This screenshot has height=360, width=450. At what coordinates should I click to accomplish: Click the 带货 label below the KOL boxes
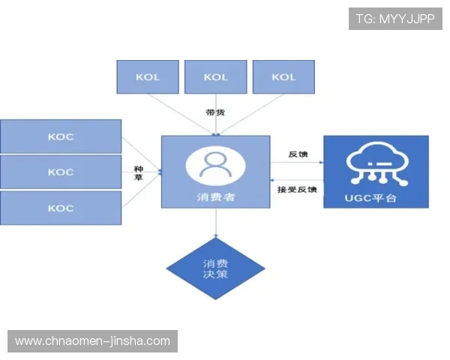(215, 112)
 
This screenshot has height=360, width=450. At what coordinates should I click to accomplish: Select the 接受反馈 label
(297, 189)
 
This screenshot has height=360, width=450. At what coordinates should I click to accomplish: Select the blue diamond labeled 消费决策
(215, 268)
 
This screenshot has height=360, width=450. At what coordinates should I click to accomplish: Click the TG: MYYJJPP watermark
(395, 19)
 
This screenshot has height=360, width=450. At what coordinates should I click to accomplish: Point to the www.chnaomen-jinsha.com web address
(93, 341)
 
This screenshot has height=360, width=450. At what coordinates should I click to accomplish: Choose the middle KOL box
(215, 77)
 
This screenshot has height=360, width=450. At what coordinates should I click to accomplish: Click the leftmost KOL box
(148, 77)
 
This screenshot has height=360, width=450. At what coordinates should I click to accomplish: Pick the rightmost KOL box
(283, 77)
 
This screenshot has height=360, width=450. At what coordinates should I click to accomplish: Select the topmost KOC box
(61, 136)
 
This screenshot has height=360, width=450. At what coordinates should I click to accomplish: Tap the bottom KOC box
(61, 208)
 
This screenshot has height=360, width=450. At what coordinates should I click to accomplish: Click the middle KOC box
(61, 172)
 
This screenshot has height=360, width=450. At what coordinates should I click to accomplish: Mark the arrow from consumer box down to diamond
(215, 223)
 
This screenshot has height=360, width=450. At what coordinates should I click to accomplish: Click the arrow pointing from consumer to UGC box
(297, 161)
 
